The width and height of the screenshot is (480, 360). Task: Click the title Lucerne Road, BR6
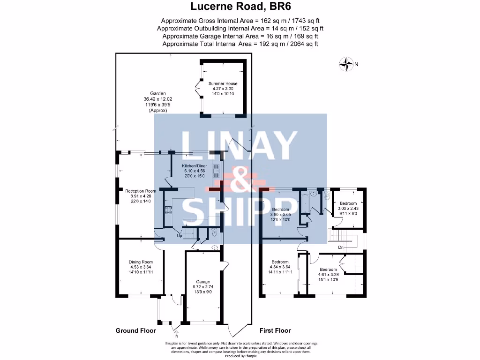(x=240, y=7)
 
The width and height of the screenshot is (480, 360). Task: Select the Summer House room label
(x=223, y=84)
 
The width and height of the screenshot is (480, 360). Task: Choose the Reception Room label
(x=140, y=191)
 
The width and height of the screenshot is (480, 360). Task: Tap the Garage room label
(x=203, y=282)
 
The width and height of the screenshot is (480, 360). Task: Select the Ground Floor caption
(x=135, y=330)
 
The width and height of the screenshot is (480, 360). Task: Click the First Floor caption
(x=275, y=330)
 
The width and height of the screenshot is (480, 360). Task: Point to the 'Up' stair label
(x=179, y=235)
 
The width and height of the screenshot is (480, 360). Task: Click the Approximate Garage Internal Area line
(x=240, y=36)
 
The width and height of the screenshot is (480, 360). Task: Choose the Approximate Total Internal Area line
(x=240, y=44)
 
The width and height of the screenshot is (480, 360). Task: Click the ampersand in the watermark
(x=240, y=180)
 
